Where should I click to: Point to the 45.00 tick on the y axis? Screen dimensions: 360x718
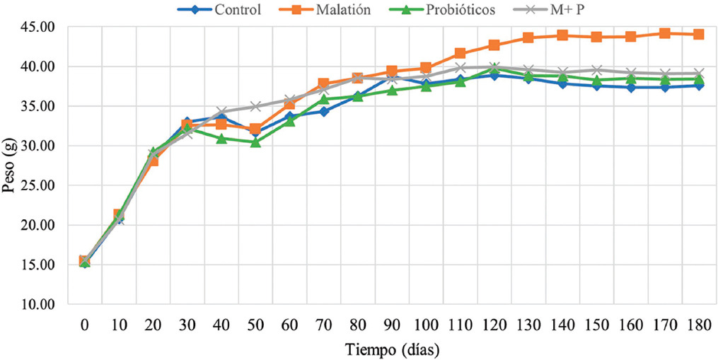40,27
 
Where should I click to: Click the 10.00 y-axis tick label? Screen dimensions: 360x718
40,305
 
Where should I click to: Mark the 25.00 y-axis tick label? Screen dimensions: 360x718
40,186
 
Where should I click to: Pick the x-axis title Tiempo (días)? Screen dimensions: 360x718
391,349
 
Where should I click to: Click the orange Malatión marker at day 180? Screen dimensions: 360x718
698,35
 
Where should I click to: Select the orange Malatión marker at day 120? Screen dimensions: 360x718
494,45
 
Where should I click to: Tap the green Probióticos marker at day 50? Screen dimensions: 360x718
255,142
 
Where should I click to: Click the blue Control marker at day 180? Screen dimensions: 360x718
698,86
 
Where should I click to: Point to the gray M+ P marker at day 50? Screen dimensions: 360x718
255,106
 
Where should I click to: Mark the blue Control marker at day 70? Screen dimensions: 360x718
323,112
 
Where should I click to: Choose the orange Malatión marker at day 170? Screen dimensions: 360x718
664,33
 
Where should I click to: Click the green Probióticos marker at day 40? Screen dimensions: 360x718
221,139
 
